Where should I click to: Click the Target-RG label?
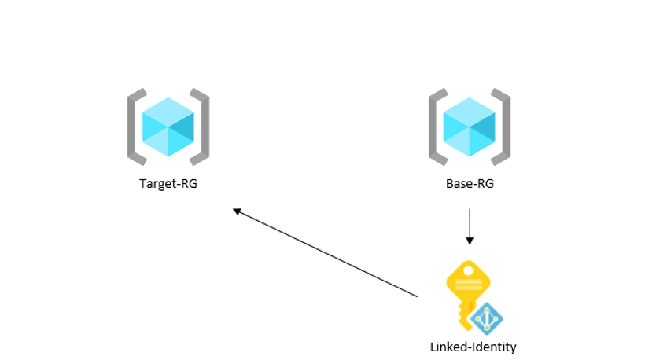coord(168,184)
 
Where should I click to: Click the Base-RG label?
coord(470,184)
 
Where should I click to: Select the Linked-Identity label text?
coord(473,347)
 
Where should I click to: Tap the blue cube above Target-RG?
coord(168,127)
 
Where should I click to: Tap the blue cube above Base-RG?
coord(470,127)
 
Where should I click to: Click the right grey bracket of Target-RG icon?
coord(205,127)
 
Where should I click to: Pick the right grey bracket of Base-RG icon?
coord(507,127)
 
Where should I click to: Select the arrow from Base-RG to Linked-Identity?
coord(470,226)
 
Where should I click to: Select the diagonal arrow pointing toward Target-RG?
coord(326,252)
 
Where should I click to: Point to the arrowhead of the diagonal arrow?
coord(237,211)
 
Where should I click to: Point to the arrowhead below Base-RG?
coord(470,241)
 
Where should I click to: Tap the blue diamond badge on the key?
coord(487,319)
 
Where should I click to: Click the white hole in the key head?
coord(468,270)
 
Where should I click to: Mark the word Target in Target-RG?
coord(158,184)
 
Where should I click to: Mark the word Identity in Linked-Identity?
coord(496,347)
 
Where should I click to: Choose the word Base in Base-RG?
coord(457,184)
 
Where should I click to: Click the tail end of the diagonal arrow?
coord(418,296)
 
